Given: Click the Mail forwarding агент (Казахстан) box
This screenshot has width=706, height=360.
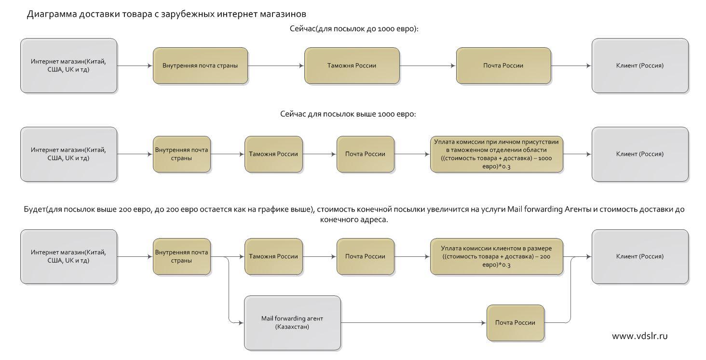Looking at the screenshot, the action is (293, 322).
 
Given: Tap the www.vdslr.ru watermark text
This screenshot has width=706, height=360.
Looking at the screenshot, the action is (639, 336).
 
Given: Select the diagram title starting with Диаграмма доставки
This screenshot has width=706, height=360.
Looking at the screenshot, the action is (166, 14).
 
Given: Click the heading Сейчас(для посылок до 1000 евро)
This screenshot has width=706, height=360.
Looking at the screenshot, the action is (354, 28).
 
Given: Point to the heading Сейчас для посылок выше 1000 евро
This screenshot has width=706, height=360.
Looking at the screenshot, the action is (348, 114).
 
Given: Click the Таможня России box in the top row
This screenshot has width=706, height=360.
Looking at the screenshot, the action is (352, 66).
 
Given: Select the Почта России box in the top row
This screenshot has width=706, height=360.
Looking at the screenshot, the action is (503, 66).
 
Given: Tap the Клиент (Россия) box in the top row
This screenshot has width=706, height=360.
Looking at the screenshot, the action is (640, 66).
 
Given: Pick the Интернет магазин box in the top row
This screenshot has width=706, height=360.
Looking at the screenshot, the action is (68, 66).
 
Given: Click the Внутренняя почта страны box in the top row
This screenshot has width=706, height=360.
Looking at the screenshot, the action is (201, 66).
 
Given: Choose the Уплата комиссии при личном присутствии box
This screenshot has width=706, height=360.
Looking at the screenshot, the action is (497, 154).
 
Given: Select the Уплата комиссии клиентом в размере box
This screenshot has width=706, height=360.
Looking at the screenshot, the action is (497, 256).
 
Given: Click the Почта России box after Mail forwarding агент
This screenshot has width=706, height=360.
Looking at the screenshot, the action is (516, 323).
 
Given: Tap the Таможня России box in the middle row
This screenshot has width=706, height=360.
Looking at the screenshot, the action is (273, 154).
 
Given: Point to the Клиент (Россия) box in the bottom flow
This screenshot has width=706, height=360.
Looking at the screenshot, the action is (640, 257).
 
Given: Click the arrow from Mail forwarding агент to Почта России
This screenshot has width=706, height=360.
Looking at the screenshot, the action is (413, 323).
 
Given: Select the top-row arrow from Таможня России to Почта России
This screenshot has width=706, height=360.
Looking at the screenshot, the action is (428, 66).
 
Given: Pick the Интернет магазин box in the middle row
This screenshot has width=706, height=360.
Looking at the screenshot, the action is (68, 154).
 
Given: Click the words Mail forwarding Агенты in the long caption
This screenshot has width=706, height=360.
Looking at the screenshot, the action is (549, 210).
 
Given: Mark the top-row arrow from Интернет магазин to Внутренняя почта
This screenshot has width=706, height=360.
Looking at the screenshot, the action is (135, 66).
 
